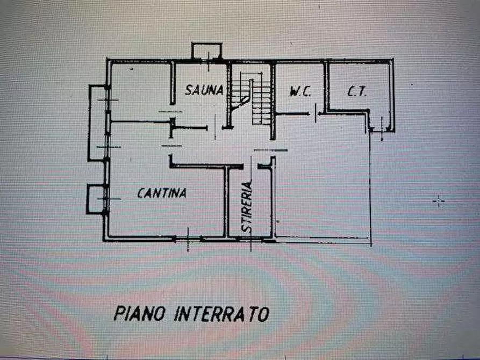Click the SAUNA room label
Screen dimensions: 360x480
[x=204, y=90]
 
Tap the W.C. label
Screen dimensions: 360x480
[x=300, y=92]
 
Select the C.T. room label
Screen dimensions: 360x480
[x=357, y=92]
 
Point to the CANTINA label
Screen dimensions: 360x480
[x=162, y=193]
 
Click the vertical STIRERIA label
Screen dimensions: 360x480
[x=247, y=207]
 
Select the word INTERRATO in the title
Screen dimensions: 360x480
[x=221, y=314]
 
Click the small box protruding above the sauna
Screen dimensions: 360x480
[x=207, y=51]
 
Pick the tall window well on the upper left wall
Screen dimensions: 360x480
[x=98, y=123]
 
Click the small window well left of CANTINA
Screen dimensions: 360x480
[x=95, y=199]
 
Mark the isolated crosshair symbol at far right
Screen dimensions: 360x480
[x=439, y=201]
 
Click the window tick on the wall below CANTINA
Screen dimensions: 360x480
[x=188, y=238]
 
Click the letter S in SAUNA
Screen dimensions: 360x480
[x=189, y=90]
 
